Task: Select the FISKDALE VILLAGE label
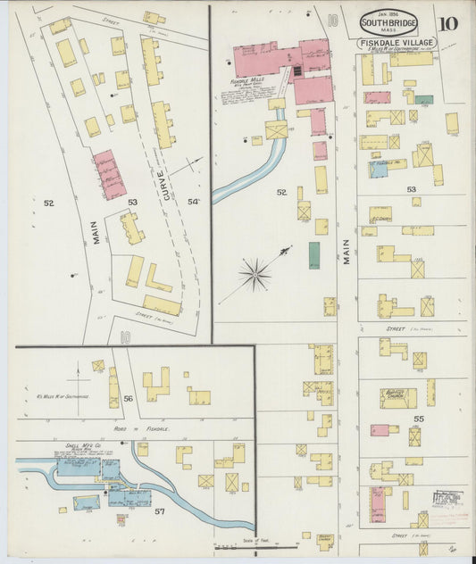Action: click(x=397, y=43)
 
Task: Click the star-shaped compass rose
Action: click(x=255, y=274)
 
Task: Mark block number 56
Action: click(x=128, y=399)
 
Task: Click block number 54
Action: click(x=193, y=202)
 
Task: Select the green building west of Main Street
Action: click(x=314, y=254)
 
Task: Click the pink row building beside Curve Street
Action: click(x=110, y=174)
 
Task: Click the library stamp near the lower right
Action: click(x=448, y=499)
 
